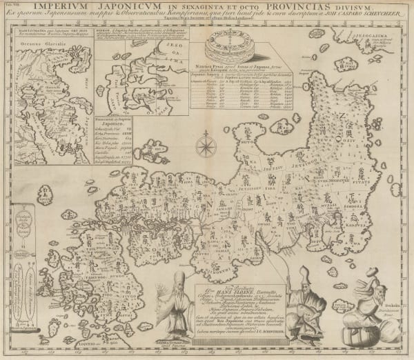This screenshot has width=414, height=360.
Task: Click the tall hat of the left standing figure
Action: tap(179, 279)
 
